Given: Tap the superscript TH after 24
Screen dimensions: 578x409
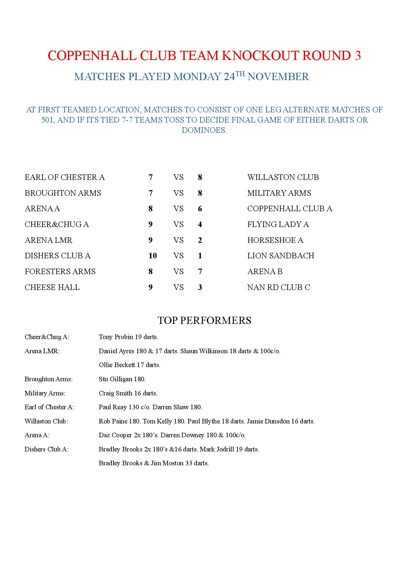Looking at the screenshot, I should [240, 74].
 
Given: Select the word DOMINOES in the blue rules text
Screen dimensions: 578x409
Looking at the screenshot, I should [204, 130].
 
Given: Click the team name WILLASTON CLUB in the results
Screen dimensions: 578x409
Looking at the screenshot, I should [283, 177].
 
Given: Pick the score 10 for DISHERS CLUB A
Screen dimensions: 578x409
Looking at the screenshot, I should [152, 256].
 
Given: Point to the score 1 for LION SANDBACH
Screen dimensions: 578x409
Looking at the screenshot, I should [200, 256].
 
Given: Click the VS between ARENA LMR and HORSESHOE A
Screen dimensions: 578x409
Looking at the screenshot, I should [178, 240].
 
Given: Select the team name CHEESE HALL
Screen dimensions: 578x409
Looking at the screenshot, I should [52, 287].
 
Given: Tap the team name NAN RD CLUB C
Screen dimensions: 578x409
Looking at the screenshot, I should [279, 287].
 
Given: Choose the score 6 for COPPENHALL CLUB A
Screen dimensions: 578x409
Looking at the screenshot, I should [200, 209].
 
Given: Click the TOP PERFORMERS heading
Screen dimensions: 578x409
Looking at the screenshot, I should [204, 320].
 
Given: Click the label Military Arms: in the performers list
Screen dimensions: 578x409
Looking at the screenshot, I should [45, 393].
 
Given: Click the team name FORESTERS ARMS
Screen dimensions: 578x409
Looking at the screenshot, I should [60, 272].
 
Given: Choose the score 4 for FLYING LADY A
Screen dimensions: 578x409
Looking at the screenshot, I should [200, 224].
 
